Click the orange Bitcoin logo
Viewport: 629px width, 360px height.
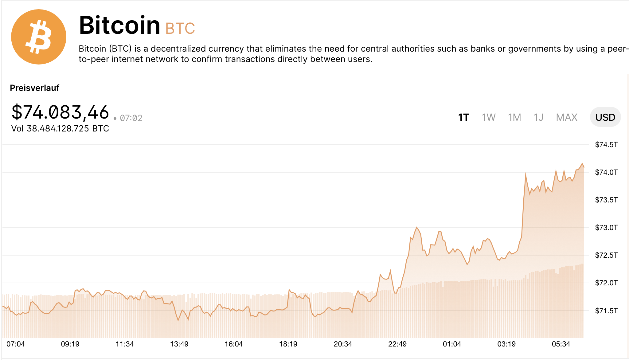[x=39, y=37]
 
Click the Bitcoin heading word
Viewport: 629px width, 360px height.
[x=119, y=25]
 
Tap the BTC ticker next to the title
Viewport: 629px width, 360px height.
[x=180, y=29]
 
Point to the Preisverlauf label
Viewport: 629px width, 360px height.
[x=34, y=88]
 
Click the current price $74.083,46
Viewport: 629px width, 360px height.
[x=60, y=112]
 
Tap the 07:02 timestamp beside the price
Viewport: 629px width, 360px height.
[x=131, y=118]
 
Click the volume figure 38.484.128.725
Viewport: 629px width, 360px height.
[x=58, y=128]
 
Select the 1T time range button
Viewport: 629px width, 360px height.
[x=463, y=117]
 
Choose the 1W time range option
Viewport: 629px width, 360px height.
[x=489, y=117]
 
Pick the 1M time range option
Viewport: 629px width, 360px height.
[x=514, y=117]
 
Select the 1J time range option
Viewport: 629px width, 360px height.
[x=538, y=117]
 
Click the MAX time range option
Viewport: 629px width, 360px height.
[x=567, y=117]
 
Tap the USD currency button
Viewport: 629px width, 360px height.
[x=605, y=117]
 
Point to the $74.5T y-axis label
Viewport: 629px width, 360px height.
[x=606, y=145]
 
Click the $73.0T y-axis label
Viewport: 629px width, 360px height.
[x=606, y=228]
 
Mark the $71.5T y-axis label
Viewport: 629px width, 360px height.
[x=606, y=311]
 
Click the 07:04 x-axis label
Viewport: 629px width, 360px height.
[x=16, y=344]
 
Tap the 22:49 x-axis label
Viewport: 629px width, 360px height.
[x=397, y=344]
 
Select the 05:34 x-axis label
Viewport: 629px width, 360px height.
[x=561, y=344]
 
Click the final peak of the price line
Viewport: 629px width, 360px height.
[x=582, y=163]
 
